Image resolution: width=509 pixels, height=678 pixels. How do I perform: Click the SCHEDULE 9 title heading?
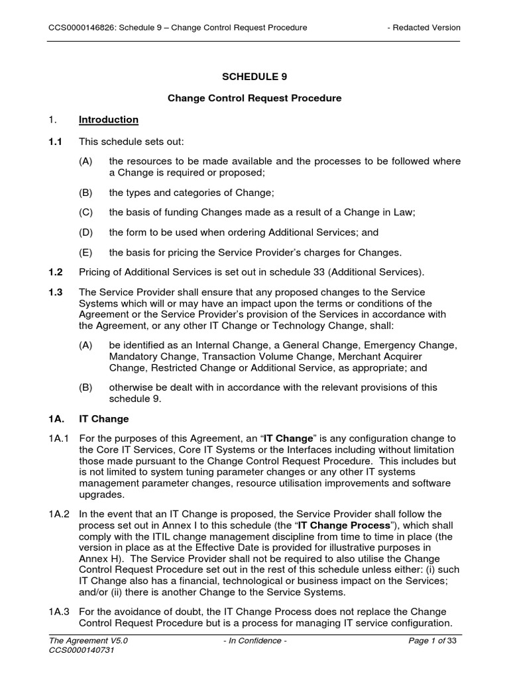pyautogui.click(x=254, y=77)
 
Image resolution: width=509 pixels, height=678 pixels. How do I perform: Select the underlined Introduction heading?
pyautogui.click(x=109, y=120)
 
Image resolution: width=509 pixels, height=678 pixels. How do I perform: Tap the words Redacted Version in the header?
pyautogui.click(x=427, y=27)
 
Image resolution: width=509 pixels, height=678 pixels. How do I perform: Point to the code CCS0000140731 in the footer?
pyautogui.click(x=81, y=652)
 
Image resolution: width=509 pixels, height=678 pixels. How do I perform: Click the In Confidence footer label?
pyautogui.click(x=254, y=641)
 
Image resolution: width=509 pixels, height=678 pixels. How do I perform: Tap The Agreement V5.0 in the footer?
pyautogui.click(x=87, y=641)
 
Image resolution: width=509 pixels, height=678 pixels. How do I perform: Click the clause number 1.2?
pyautogui.click(x=56, y=273)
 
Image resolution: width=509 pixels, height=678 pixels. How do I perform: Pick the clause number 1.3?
pyautogui.click(x=56, y=293)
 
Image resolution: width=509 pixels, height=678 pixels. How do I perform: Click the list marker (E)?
pyautogui.click(x=85, y=252)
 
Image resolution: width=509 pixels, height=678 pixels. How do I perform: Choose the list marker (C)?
pyautogui.click(x=85, y=213)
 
